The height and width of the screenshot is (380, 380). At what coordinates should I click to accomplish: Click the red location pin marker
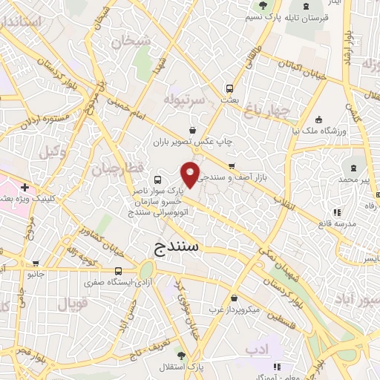pos(191,174)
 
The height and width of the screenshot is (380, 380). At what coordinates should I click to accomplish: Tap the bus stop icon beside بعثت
pos(229,86)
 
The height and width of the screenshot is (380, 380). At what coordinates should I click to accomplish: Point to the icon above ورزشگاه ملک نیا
pos(318,120)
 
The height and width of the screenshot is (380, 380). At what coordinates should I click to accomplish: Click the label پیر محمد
pos(353,180)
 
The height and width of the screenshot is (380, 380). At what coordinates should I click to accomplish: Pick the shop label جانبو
pos(36,274)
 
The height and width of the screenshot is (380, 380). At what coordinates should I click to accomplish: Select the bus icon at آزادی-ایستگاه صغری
pos(119,271)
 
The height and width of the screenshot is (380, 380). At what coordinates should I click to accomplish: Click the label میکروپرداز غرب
pos(236,307)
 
